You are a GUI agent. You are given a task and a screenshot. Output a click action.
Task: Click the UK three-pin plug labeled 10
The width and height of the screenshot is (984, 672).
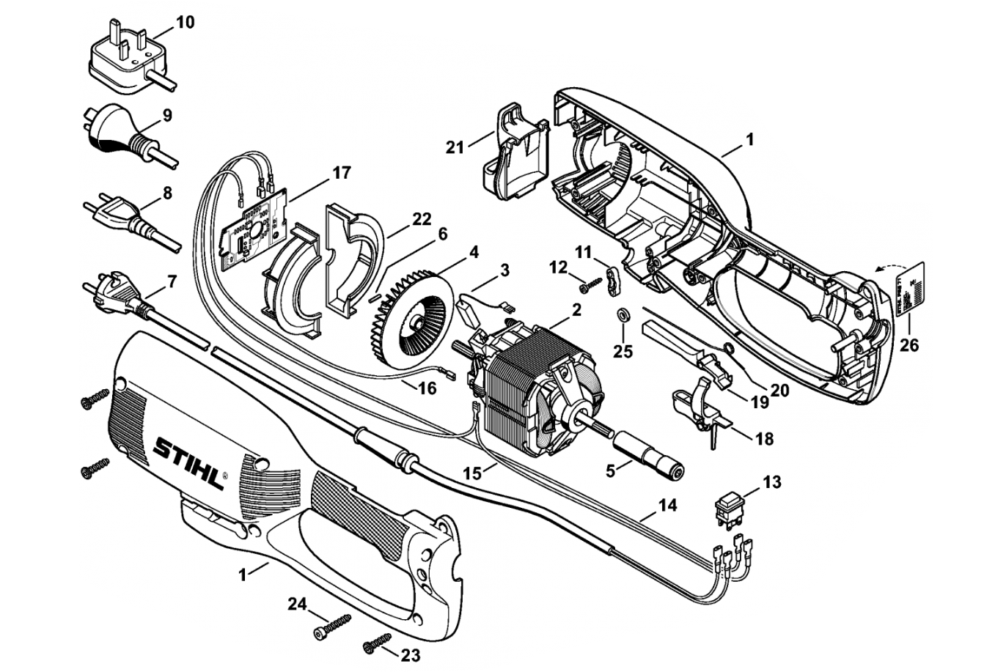[x=125, y=57]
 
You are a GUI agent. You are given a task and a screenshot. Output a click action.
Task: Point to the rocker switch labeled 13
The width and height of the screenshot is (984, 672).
[x=730, y=506]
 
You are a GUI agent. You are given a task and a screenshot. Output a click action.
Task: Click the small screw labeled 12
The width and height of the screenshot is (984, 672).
[x=588, y=283]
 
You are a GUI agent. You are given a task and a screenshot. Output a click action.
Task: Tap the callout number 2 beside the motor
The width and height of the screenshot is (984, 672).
[x=576, y=310]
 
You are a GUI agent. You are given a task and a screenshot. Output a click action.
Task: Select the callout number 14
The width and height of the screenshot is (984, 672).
[x=667, y=505]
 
